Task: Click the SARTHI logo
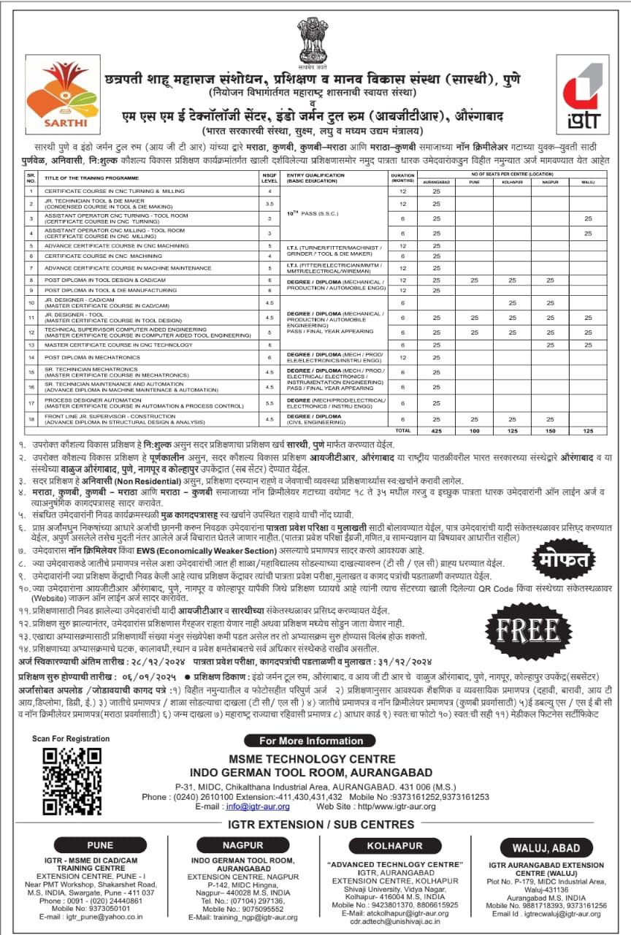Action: click(x=52, y=93)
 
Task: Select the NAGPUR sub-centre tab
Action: click(x=242, y=845)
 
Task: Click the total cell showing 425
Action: click(x=436, y=431)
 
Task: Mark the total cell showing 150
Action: click(x=550, y=431)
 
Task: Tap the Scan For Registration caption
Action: click(x=72, y=739)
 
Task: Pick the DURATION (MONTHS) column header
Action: click(x=402, y=178)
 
